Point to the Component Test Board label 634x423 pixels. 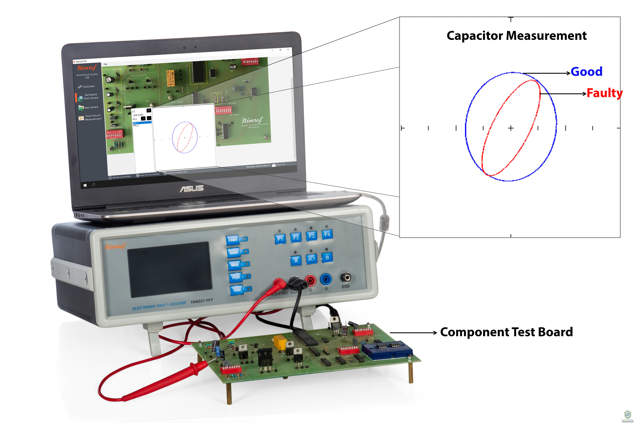click(506, 332)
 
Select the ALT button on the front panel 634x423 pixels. click(311, 259)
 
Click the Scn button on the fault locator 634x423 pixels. click(237, 290)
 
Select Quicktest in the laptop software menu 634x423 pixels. click(89, 87)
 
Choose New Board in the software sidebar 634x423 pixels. click(91, 107)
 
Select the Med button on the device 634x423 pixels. click(235, 265)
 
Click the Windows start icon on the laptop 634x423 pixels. click(85, 185)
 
